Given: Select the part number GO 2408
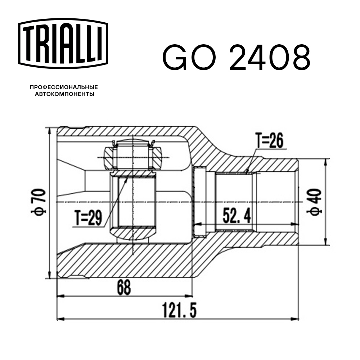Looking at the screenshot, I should pyautogui.click(x=236, y=58).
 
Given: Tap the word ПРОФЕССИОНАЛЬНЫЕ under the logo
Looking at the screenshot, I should pyautogui.click(x=64, y=87).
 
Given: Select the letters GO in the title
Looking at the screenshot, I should pyautogui.click(x=190, y=58).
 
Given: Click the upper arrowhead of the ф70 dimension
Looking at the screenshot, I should pyautogui.click(x=49, y=130).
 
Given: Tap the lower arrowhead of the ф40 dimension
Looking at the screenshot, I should pyautogui.click(x=325, y=243).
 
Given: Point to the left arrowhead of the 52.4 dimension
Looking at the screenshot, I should pyautogui.click(x=196, y=224).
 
